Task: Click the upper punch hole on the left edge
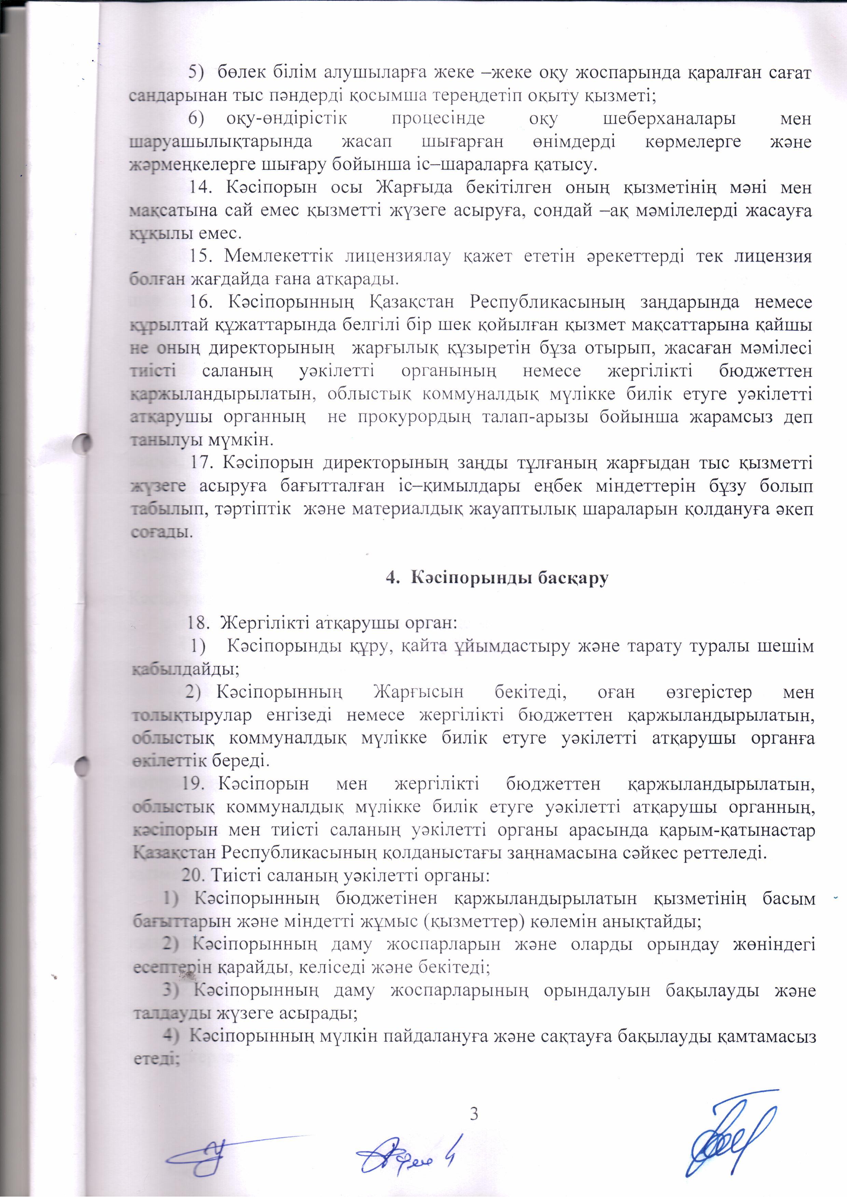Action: pyautogui.click(x=83, y=443)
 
